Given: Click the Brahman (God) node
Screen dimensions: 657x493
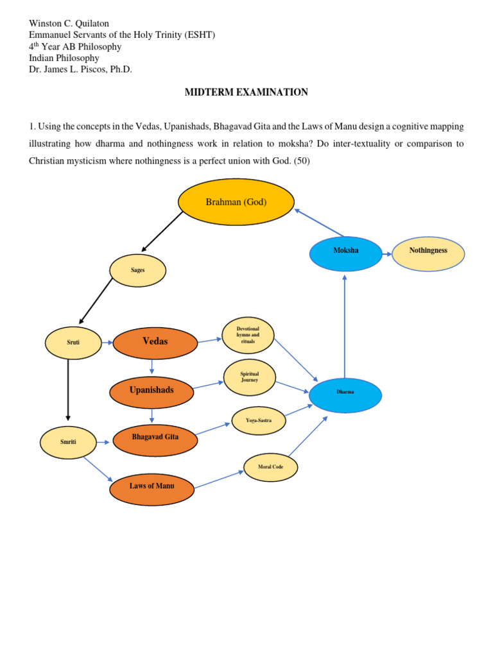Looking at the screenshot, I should pyautogui.click(x=236, y=201).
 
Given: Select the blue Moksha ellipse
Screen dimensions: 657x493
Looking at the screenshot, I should pyautogui.click(x=345, y=250).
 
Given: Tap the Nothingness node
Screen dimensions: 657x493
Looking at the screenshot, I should pyautogui.click(x=428, y=250).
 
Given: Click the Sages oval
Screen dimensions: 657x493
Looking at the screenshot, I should pyautogui.click(x=137, y=270).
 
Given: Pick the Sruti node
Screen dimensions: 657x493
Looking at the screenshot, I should pyautogui.click(x=74, y=343).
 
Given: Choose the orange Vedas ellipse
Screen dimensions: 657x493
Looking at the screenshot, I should pyautogui.click(x=155, y=341).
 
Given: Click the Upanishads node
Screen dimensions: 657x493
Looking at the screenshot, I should pyautogui.click(x=151, y=390).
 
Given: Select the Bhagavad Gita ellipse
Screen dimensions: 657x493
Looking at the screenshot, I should pyautogui.click(x=155, y=438).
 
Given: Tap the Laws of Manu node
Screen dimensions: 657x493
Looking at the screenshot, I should pyautogui.click(x=151, y=486).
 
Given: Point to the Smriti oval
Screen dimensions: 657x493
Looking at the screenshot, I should pyautogui.click(x=68, y=442).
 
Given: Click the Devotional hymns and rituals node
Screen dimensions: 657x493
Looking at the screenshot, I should pyautogui.click(x=247, y=336).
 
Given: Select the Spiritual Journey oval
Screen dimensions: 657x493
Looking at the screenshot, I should pyautogui.click(x=249, y=377).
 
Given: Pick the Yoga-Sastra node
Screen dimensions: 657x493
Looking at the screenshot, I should pyautogui.click(x=258, y=421).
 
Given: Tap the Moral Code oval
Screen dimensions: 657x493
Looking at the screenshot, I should pyautogui.click(x=270, y=467).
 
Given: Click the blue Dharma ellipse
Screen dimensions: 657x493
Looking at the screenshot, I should pyautogui.click(x=345, y=392).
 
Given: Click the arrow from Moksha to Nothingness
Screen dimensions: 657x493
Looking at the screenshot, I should pyautogui.click(x=386, y=253).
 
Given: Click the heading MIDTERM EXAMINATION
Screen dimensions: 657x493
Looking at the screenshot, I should pyautogui.click(x=246, y=92).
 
